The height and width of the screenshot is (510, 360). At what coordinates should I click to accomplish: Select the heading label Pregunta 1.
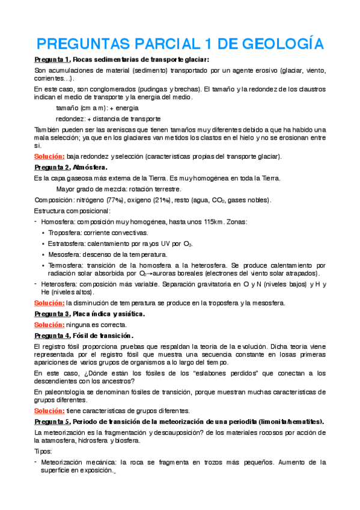pos(52,59)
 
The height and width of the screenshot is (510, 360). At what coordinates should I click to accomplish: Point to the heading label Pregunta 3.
pos(52,314)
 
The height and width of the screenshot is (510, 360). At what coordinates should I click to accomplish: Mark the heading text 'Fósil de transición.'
pos(103,335)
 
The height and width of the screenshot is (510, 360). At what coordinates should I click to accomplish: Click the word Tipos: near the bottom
pos(43,452)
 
